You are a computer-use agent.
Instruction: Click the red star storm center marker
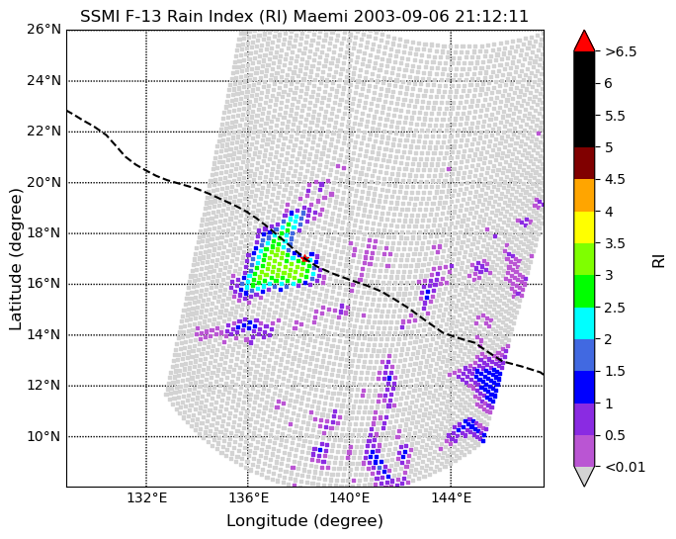pyautogui.click(x=304, y=258)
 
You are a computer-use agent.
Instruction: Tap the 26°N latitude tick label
pyautogui.click(x=43, y=30)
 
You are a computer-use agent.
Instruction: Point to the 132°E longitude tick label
pyautogui.click(x=146, y=498)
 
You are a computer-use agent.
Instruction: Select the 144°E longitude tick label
pyautogui.click(x=451, y=498)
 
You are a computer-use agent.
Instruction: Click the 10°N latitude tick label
pyautogui.click(x=43, y=436)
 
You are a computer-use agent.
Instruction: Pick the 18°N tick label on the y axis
pyautogui.click(x=43, y=233)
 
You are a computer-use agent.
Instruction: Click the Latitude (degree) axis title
pyautogui.click(x=15, y=259)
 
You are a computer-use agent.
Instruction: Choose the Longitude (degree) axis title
pyautogui.click(x=304, y=521)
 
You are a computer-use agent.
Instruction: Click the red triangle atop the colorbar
pyautogui.click(x=584, y=41)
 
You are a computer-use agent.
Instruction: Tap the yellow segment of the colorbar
pyautogui.click(x=584, y=227)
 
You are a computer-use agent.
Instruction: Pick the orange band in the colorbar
pyautogui.click(x=584, y=196)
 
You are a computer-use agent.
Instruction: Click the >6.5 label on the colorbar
pyautogui.click(x=621, y=51)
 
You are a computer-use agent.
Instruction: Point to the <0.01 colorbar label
pyautogui.click(x=626, y=467)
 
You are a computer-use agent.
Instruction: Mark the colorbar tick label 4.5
pyautogui.click(x=615, y=179)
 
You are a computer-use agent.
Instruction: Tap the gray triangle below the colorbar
pyautogui.click(x=584, y=475)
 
